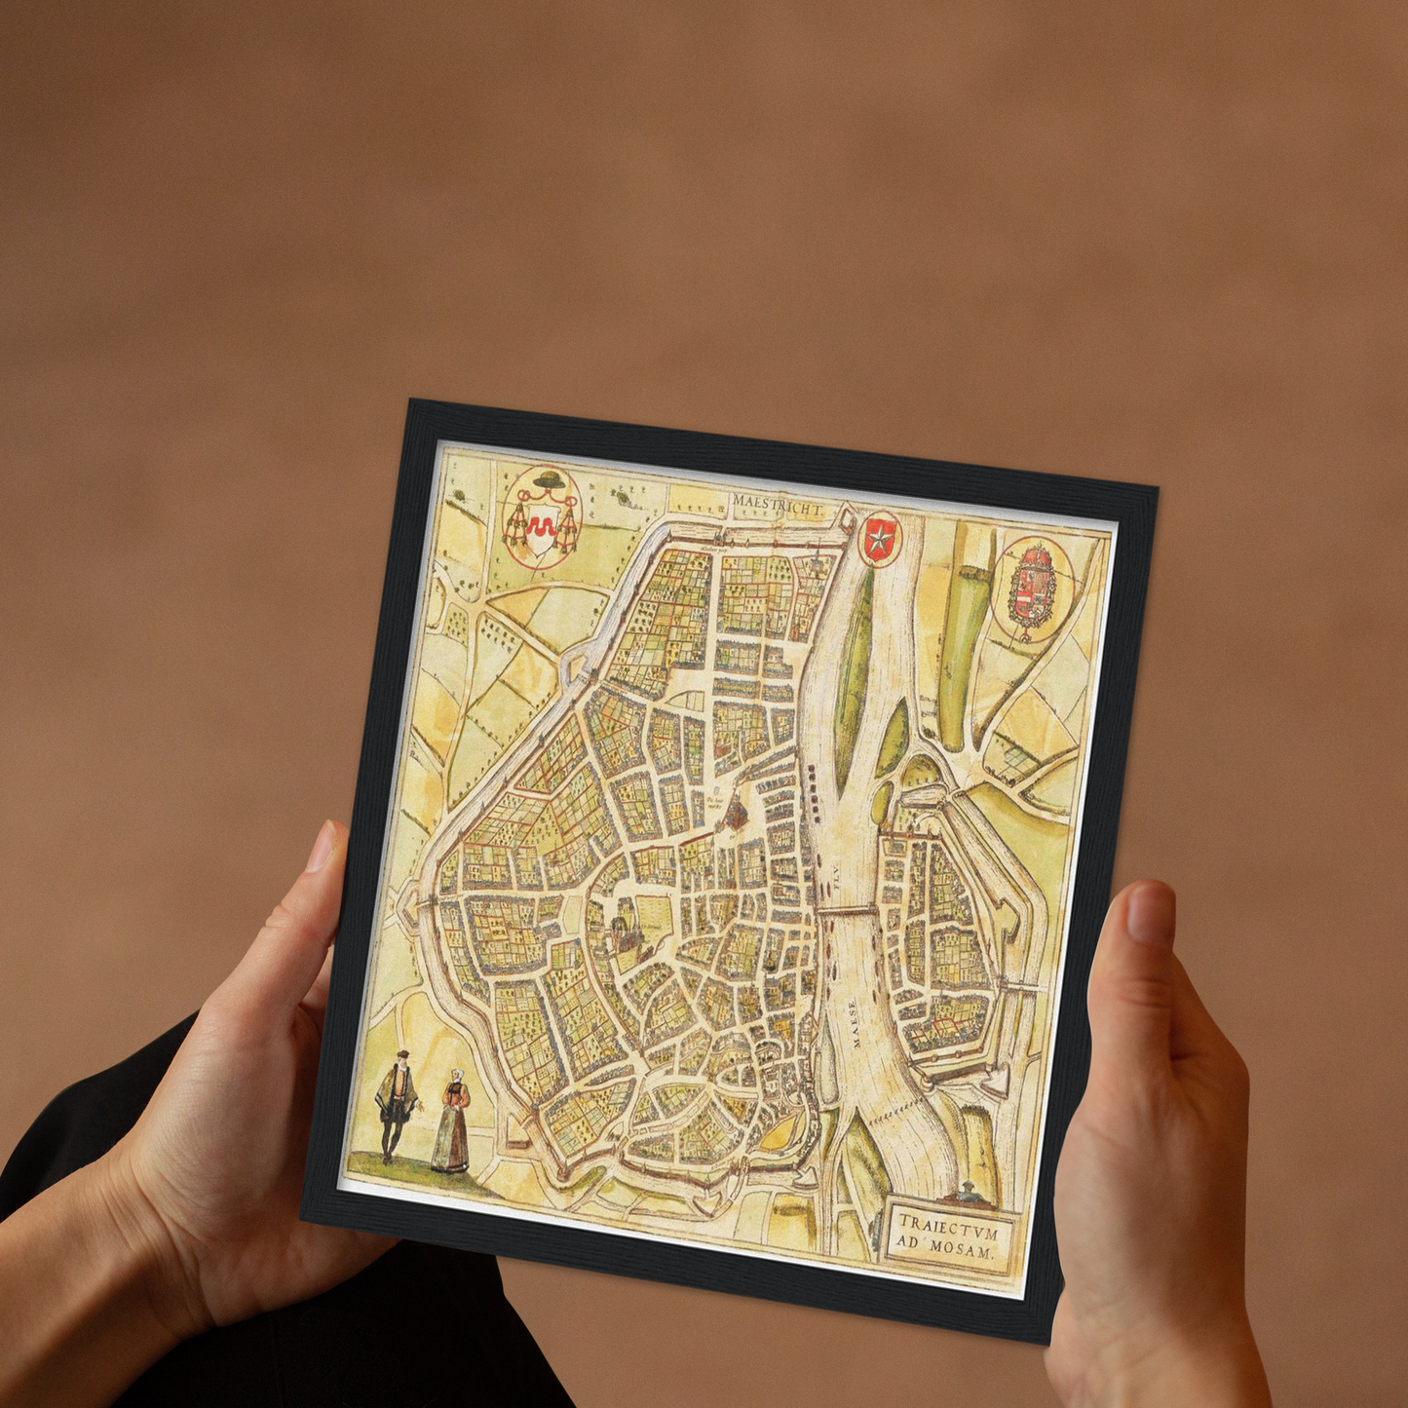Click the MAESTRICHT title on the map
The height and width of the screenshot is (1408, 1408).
tap(778, 503)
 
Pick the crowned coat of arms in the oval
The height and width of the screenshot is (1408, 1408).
tap(1032, 587)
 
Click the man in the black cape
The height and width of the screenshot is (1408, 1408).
tap(397, 1106)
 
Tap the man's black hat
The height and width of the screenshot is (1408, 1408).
tap(400, 1058)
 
